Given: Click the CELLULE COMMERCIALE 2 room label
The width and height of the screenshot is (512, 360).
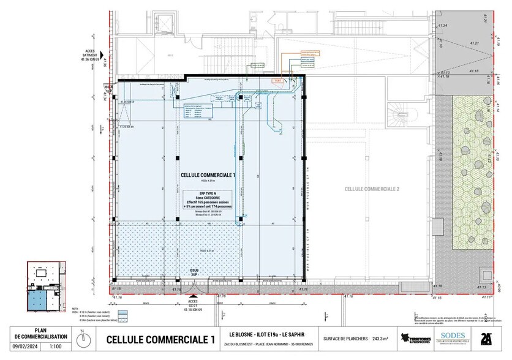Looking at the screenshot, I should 371,189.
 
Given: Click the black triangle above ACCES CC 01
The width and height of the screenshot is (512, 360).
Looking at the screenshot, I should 192,294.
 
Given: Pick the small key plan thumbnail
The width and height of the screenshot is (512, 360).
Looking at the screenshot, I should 45,288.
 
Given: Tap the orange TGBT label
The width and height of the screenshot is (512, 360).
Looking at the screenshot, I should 277,80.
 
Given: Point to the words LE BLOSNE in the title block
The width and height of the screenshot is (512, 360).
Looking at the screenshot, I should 241,334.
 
